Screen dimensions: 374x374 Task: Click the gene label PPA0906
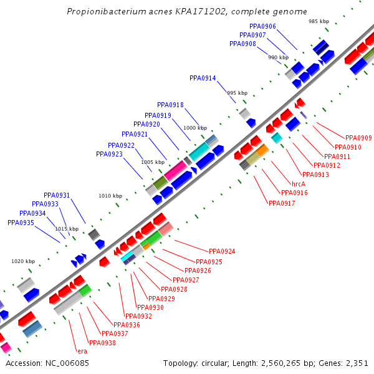[x=262, y=26]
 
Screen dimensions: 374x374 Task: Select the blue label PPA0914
[x=203, y=79]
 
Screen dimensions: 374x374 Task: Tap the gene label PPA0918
[x=170, y=105]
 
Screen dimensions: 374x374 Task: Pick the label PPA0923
[x=109, y=154]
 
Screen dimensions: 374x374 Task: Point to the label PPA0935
[x=21, y=223]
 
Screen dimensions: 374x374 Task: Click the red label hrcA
[x=299, y=184]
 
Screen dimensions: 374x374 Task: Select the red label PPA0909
[x=358, y=138]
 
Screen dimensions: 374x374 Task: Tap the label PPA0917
[x=282, y=203]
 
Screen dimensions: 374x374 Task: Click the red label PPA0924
[x=222, y=252]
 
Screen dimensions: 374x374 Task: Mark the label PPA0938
[x=102, y=343]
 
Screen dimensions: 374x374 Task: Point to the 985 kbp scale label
[x=319, y=21]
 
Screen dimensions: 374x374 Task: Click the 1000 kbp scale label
[x=195, y=128]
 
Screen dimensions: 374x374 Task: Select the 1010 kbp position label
[x=110, y=196]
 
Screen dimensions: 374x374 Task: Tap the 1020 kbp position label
[x=23, y=261]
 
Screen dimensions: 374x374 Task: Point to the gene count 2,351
[x=357, y=363]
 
